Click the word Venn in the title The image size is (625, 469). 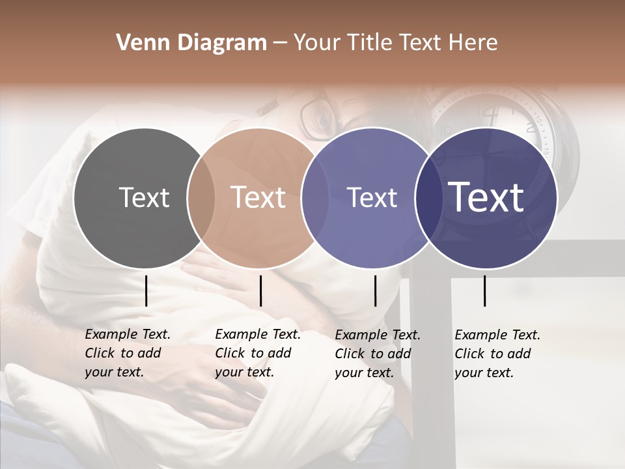tap(139, 43)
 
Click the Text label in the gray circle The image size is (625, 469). tap(144, 197)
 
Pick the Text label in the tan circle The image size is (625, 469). tap(258, 197)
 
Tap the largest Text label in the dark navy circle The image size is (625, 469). tap(486, 197)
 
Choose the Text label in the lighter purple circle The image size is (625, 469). tap(372, 197)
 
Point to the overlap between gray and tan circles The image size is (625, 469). tap(201, 198)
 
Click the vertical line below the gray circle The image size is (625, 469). tap(146, 291)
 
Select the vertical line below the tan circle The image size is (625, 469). tap(260, 291)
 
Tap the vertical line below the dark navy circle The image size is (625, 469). tap(484, 291)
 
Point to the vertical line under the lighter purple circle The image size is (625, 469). tap(375, 291)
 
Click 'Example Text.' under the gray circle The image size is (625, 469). tap(128, 334)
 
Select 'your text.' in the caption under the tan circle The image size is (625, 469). tap(244, 372)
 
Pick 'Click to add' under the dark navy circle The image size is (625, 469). tap(493, 354)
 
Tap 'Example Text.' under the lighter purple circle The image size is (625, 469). tap(378, 335)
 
